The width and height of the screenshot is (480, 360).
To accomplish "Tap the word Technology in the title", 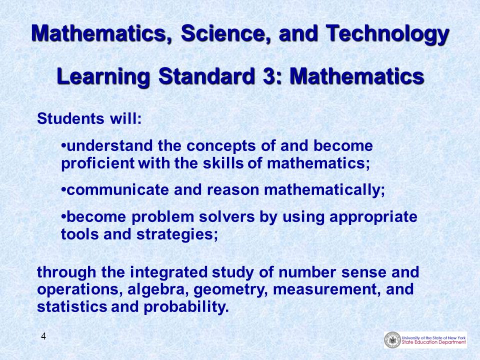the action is coord(387,35).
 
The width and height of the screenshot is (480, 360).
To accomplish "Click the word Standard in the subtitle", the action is coord(206,76).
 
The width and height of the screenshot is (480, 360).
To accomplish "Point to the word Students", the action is coord(70,118).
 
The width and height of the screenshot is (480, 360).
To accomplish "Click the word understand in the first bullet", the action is coord(109,145).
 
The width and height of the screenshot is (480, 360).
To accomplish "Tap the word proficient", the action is coord(97,163).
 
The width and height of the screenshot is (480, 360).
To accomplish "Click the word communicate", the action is coord(117,190).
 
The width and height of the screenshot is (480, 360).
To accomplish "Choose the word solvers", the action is coord(227,217).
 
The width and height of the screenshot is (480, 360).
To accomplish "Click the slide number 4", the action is coord(43,336).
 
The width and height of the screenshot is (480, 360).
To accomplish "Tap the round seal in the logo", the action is coord(392,340).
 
